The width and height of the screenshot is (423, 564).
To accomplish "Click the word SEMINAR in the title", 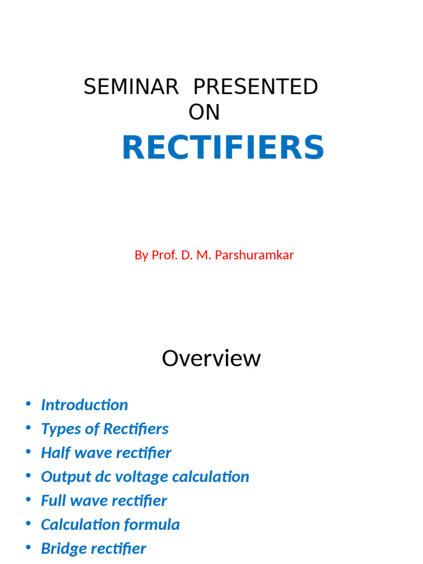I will (x=131, y=87).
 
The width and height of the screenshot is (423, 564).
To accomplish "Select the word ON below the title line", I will (x=204, y=112).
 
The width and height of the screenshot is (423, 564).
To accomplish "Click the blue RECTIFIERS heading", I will (x=223, y=148).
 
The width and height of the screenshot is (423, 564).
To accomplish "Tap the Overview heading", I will (x=211, y=359).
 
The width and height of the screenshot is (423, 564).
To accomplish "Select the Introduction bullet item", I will (x=84, y=405).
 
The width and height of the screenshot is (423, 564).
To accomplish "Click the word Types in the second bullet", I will (x=57, y=429).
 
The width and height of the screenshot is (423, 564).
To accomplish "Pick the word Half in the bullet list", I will (x=54, y=453).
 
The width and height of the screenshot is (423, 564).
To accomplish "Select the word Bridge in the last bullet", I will (x=61, y=549).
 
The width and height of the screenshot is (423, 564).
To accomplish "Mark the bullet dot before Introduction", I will (x=28, y=404).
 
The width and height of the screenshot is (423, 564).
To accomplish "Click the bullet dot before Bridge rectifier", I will (x=28, y=547).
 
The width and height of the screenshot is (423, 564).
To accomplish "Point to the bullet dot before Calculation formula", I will (x=28, y=523).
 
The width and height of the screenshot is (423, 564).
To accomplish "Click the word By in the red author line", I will (x=142, y=256).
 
